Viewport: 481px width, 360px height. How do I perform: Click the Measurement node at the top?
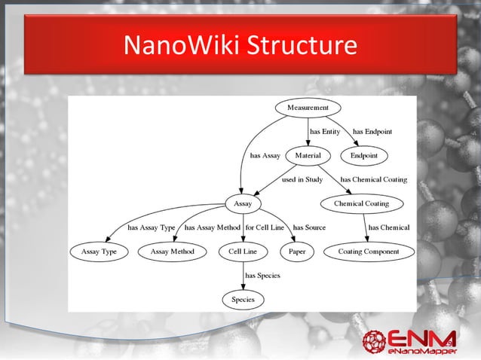(308, 108)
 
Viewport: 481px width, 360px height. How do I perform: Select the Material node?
(308, 155)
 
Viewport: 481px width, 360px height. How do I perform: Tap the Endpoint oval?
(364, 155)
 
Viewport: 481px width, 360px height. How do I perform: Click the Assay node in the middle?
(243, 203)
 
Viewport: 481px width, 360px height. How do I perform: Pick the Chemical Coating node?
(361, 203)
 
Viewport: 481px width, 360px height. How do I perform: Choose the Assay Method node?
(173, 252)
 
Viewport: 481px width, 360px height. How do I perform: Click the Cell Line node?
(243, 252)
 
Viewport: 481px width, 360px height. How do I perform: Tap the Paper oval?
(297, 252)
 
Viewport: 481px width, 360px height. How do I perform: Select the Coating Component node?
(368, 252)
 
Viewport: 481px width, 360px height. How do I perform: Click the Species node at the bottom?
(243, 300)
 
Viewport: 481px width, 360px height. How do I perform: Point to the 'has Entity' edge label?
(325, 132)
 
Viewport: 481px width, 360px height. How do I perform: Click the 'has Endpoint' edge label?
(372, 132)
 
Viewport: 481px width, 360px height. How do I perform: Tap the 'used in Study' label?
(302, 180)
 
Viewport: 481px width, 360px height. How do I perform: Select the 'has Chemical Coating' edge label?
(374, 180)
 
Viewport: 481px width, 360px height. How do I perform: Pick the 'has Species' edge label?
(262, 276)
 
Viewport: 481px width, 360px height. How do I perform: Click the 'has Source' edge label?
(309, 227)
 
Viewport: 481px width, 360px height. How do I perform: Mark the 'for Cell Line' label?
(265, 227)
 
